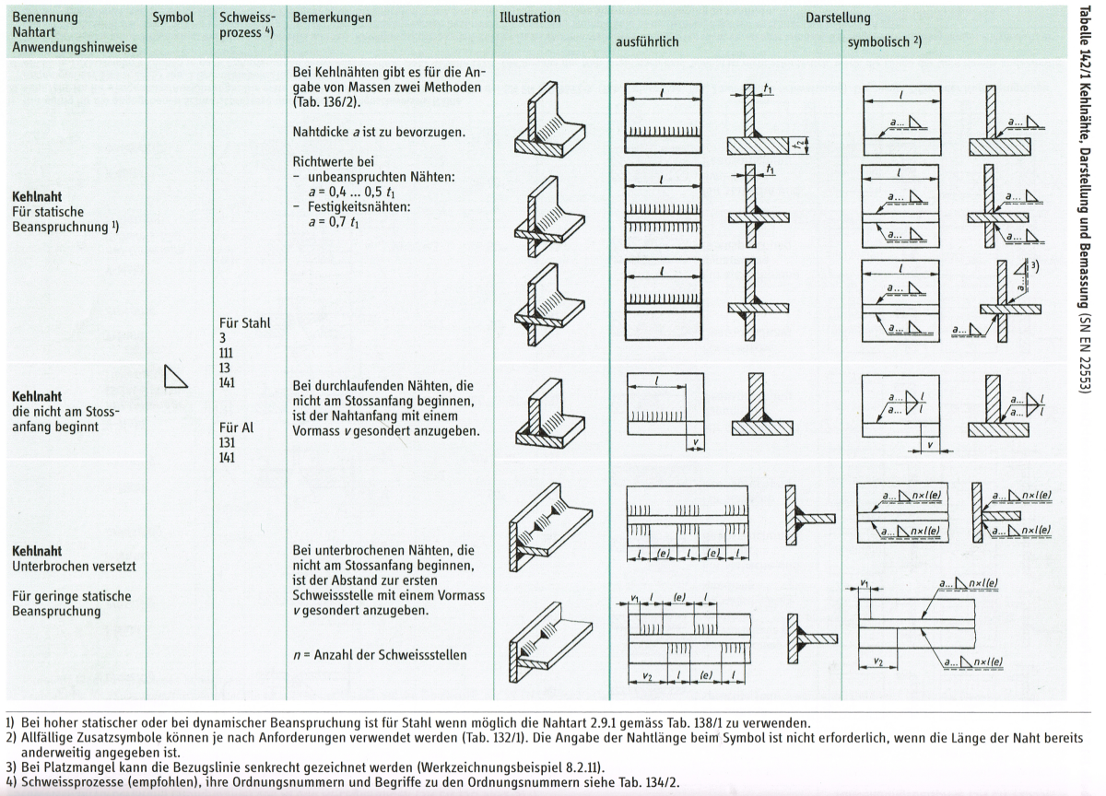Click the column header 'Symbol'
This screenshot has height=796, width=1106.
tap(172, 18)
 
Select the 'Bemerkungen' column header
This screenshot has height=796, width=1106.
tap(332, 18)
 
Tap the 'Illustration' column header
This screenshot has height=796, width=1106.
tap(529, 18)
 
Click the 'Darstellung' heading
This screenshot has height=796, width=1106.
tap(838, 18)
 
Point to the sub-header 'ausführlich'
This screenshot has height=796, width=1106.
tap(650, 43)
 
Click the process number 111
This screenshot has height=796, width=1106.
tap(227, 353)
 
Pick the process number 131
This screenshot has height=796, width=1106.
tap(227, 442)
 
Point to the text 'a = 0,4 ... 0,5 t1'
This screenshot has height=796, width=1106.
tap(340, 192)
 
